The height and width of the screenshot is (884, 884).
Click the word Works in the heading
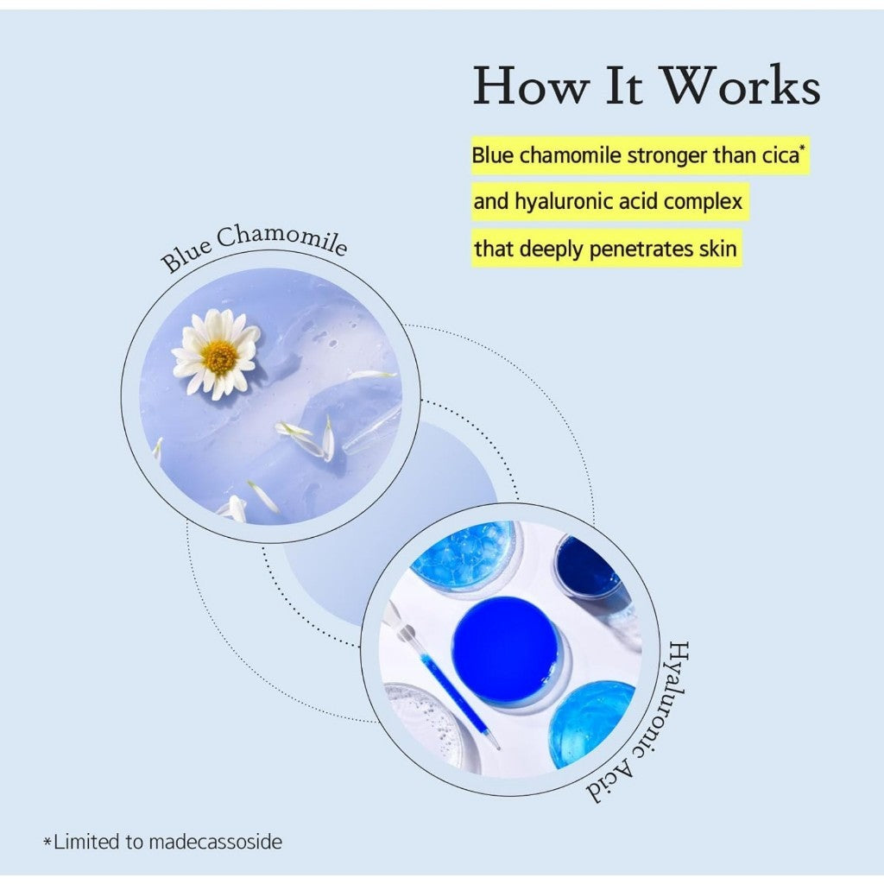(740, 85)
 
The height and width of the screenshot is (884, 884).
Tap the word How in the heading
(531, 85)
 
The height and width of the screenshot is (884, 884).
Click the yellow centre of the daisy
(219, 356)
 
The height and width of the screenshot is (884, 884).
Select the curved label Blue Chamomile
(253, 246)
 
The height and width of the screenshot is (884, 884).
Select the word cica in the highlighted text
(780, 155)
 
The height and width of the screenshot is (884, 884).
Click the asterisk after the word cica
(803, 148)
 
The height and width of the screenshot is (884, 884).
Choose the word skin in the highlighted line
(717, 248)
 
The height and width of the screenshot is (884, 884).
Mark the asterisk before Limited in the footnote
(48, 842)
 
